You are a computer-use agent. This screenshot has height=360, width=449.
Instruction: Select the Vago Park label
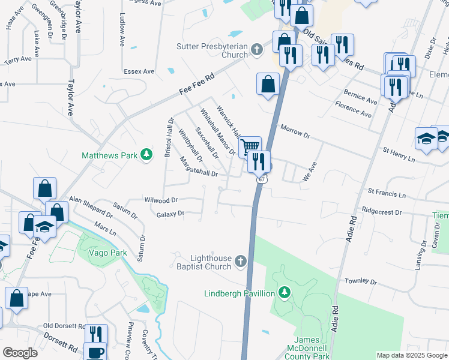click(107, 253)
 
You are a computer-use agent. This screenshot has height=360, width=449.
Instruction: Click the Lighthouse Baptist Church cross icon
click(240, 261)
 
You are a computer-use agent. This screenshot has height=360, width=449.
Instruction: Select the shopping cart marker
click(250, 146)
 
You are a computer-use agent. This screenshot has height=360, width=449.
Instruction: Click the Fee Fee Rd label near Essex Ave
click(197, 86)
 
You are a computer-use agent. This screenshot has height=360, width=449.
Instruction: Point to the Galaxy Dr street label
click(169, 214)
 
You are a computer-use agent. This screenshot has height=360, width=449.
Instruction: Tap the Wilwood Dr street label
click(161, 200)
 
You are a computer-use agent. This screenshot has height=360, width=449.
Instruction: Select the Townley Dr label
click(360, 281)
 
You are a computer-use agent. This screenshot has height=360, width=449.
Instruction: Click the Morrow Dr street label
click(295, 131)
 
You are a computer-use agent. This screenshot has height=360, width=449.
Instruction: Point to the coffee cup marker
click(95, 352)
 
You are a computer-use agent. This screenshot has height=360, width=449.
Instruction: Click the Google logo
click(20, 353)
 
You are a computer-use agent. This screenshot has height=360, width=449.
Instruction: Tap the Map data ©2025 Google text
click(411, 355)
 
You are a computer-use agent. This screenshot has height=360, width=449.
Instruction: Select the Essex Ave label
click(139, 71)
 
